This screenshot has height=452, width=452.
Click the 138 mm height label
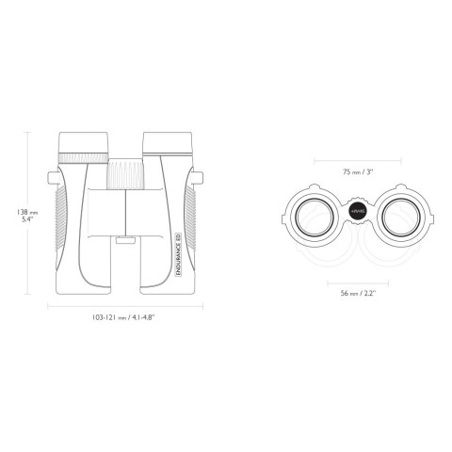pos(25,214)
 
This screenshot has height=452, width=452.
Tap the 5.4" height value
pos(28,224)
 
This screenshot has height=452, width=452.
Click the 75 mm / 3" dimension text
pos(360,172)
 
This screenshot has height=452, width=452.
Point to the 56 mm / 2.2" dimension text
pos(360,293)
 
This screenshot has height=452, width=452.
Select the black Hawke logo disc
pos(359,214)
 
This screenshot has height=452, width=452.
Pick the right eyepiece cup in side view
pos(168,141)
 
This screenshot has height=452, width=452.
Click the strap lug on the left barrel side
pos(53,177)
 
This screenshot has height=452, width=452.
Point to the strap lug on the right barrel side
pos(199,177)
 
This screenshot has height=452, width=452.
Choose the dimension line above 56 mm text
pos(360,281)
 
